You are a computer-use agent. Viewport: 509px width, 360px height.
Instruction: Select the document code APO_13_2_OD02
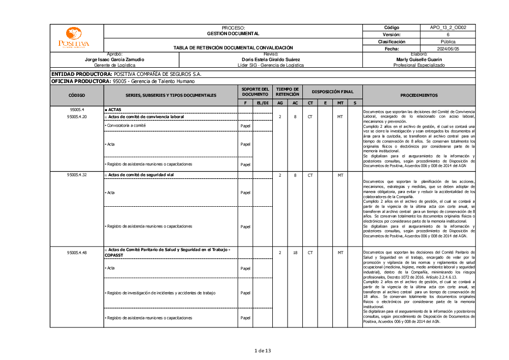tap(448, 27)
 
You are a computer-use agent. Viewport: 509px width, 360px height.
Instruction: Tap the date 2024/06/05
tap(448, 49)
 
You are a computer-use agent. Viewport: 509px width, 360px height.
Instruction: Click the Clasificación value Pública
tap(448, 42)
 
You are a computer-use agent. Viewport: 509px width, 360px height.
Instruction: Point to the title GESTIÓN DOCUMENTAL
tap(233, 34)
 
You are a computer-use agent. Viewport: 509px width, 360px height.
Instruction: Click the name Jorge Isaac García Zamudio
tap(115, 60)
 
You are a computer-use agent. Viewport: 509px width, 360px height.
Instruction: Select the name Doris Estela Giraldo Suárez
tap(271, 60)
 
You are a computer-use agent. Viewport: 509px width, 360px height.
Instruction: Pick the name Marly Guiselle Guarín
tap(419, 60)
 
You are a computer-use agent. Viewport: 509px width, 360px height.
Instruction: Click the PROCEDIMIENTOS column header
tap(418, 95)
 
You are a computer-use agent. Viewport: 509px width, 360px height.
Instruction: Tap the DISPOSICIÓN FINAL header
tap(332, 92)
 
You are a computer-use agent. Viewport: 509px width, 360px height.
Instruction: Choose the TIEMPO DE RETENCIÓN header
tap(288, 92)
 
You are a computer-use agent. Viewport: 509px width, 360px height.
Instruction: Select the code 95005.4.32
tap(77, 175)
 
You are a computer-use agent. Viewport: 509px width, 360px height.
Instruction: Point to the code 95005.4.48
tap(77, 253)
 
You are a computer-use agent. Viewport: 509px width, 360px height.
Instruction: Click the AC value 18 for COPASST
tap(295, 253)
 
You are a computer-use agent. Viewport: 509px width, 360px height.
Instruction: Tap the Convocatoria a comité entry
tap(125, 125)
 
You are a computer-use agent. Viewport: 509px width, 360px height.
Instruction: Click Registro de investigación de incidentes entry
tap(161, 293)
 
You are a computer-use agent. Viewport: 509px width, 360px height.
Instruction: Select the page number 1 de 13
tap(263, 350)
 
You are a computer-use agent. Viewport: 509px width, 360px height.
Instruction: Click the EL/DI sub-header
tap(263, 103)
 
